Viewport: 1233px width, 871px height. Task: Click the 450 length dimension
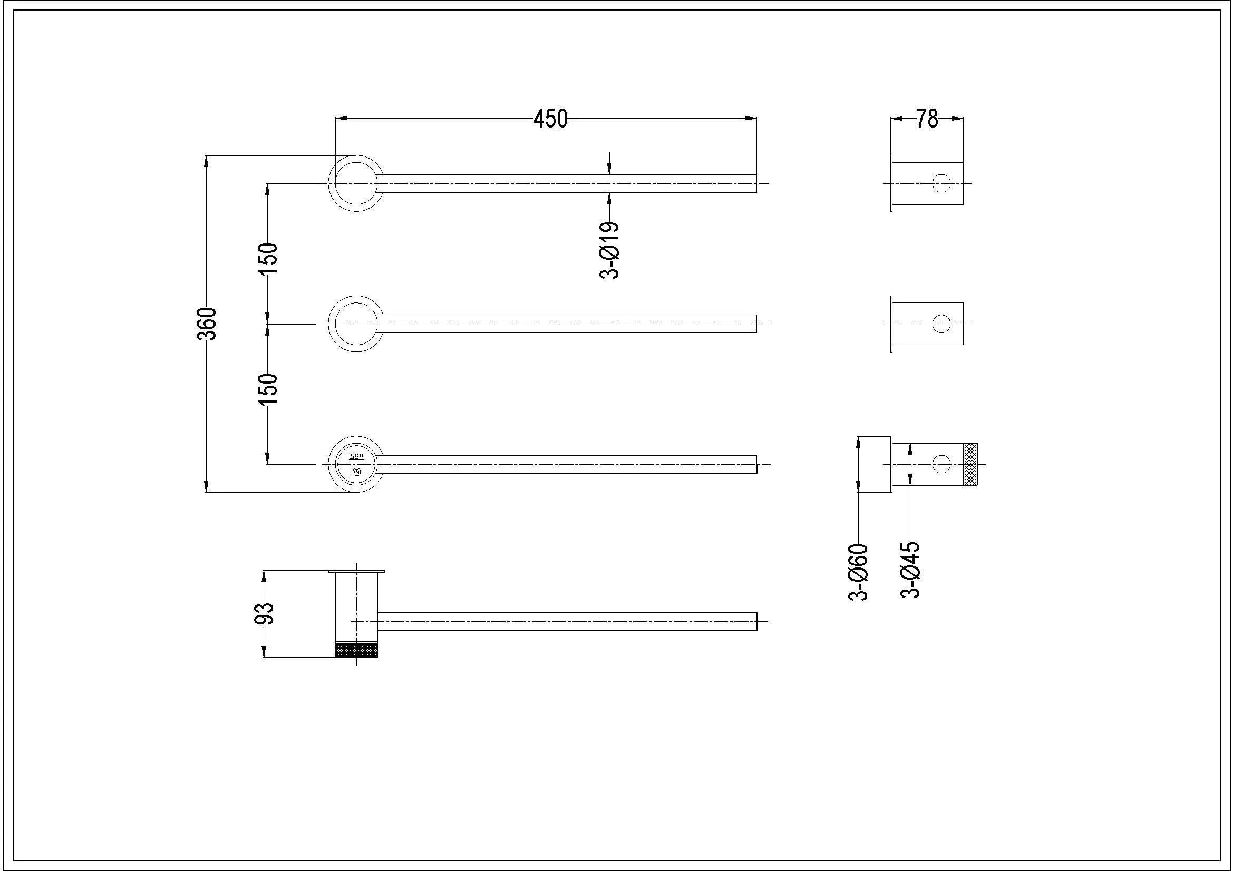pos(550,119)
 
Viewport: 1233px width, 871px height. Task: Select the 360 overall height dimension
pos(207,324)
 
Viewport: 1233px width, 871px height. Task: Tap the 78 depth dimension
pos(927,119)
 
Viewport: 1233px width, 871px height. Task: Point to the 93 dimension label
pos(264,613)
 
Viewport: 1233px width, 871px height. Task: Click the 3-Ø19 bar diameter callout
pos(609,250)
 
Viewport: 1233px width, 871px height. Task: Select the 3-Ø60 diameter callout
pos(858,572)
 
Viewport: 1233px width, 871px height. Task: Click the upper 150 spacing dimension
pos(268,259)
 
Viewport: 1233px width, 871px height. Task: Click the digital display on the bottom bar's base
pos(356,456)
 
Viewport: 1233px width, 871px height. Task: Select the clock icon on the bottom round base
pos(356,472)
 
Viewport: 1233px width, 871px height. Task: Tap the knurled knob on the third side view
pos(970,464)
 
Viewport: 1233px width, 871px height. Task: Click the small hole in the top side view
pos(941,183)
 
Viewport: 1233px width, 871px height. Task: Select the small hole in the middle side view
pos(941,324)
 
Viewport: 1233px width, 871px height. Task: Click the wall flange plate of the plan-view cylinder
pos(356,571)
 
